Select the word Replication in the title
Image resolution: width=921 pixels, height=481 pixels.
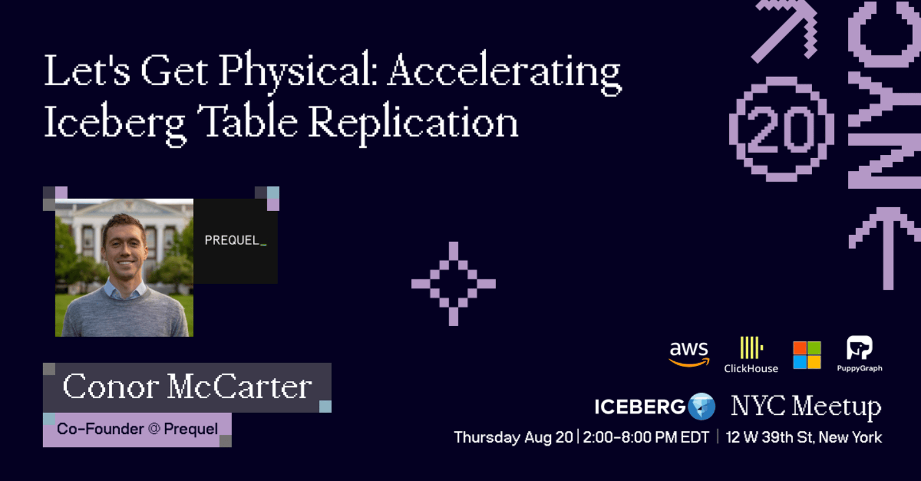pos(413,124)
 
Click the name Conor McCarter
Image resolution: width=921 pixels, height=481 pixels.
pos(187,387)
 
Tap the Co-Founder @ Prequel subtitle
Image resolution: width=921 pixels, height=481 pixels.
pos(138,429)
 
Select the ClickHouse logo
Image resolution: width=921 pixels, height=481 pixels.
pos(751,355)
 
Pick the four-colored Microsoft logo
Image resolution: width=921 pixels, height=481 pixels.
pos(806,355)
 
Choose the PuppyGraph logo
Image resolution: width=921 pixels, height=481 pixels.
pos(859,354)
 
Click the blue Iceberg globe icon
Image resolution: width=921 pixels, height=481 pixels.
pos(702,407)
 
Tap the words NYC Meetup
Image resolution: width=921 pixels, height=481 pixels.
pos(806,407)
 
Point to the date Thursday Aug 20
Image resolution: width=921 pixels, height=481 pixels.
pos(513,437)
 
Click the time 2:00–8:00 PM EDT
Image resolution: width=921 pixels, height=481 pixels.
pos(646,437)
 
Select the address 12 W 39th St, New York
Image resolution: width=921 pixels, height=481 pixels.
pos(804,437)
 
